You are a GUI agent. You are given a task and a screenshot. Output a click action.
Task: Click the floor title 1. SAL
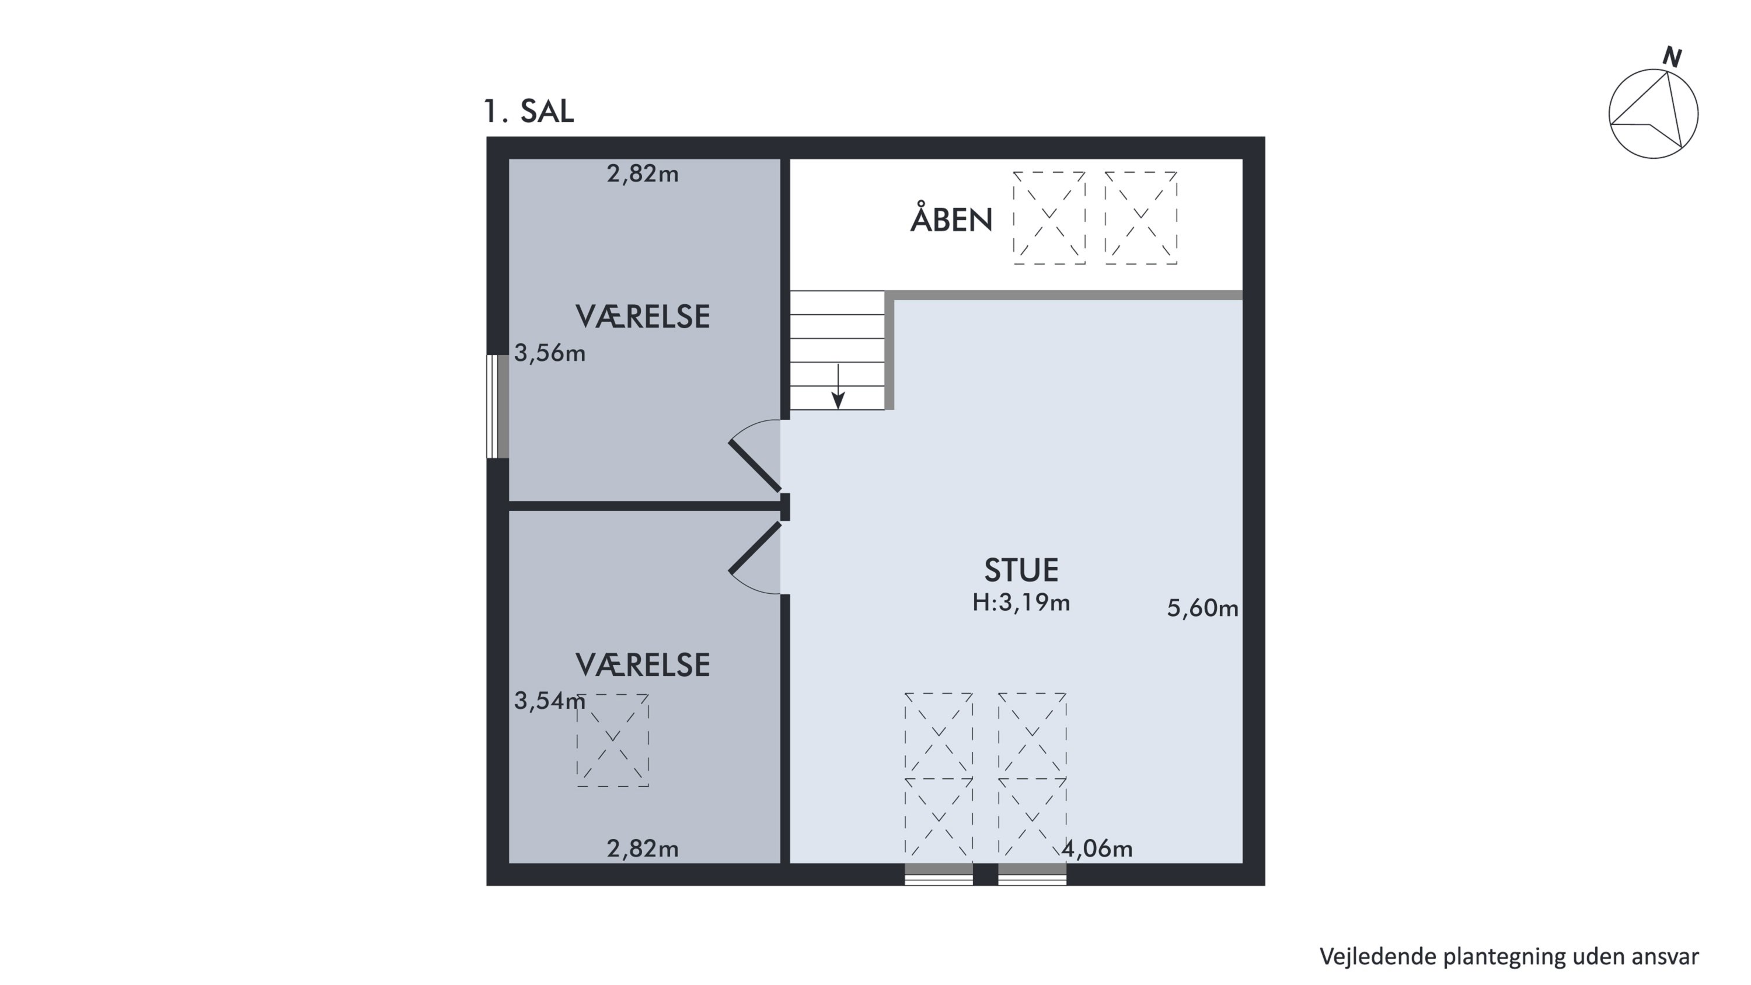tap(528, 111)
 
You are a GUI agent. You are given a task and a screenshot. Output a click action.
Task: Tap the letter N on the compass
tap(1672, 57)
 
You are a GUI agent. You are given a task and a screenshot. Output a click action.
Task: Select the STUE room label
tap(1021, 570)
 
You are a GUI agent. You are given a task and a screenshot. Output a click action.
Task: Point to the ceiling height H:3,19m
tap(1021, 603)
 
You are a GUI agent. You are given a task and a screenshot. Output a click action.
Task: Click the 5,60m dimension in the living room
tap(1202, 608)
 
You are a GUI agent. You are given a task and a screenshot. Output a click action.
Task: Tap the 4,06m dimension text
tap(1097, 848)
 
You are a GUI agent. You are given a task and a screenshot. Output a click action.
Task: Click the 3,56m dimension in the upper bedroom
tap(549, 353)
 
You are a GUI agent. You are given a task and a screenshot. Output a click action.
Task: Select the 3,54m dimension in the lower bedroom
tap(549, 700)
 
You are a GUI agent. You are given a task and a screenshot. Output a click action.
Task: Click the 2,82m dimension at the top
tap(643, 174)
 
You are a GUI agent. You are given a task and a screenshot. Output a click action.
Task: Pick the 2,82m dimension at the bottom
tap(643, 848)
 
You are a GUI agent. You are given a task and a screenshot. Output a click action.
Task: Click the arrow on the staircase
tap(838, 386)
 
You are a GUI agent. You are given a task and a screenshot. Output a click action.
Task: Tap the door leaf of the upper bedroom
tap(755, 467)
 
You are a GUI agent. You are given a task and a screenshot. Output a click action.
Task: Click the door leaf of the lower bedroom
tap(755, 548)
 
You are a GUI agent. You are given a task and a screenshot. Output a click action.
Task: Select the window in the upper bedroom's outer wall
tap(497, 406)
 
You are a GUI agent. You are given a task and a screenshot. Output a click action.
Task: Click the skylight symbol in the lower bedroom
tap(612, 740)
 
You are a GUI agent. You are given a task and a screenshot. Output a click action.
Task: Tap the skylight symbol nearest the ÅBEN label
tap(1049, 218)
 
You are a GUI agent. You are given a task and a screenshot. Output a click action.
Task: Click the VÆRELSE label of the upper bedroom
tap(643, 317)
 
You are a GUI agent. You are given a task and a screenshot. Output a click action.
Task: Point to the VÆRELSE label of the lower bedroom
tap(643, 665)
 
